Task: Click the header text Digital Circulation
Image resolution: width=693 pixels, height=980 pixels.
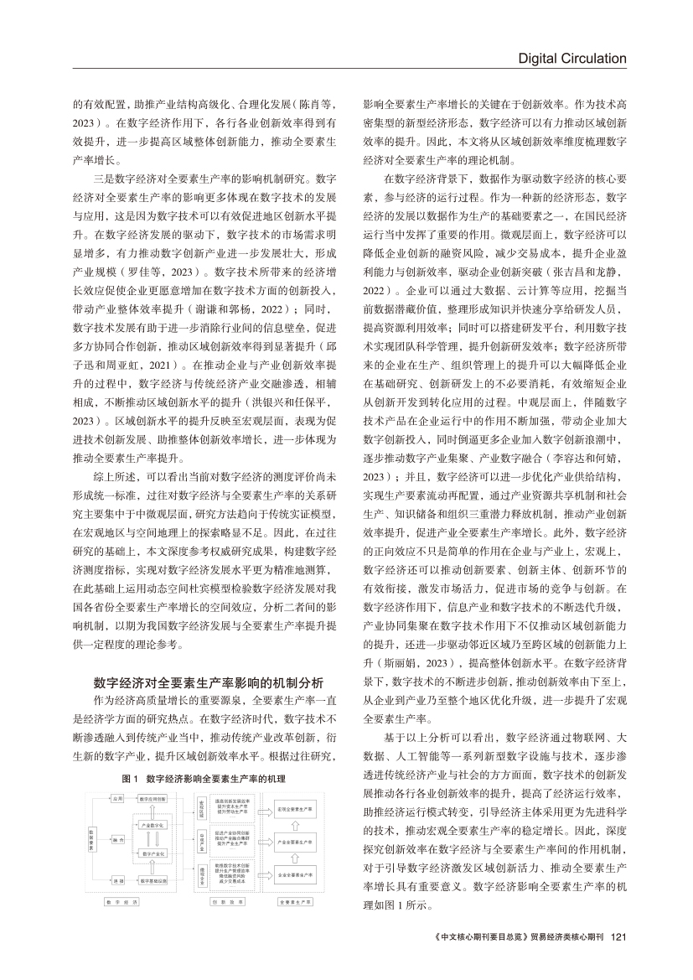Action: click(x=572, y=59)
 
